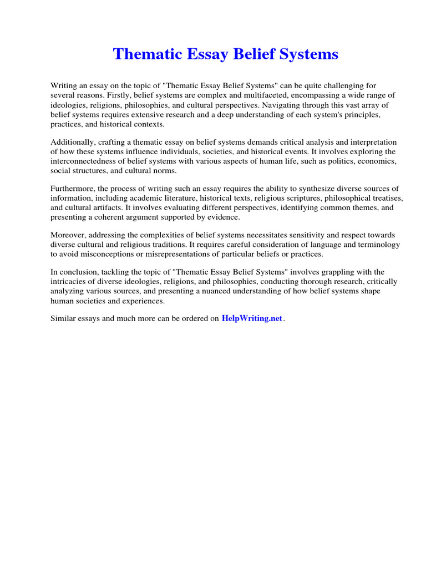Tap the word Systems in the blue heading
(x=310, y=54)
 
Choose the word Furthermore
(x=73, y=189)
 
